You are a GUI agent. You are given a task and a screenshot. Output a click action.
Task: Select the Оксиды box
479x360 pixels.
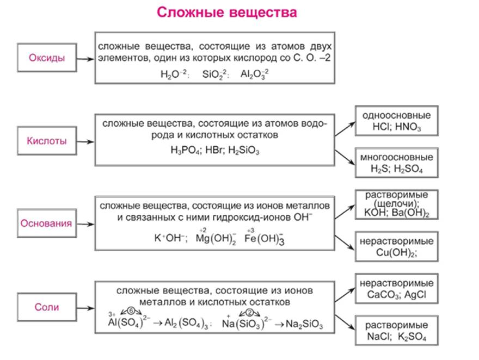[x=46, y=58]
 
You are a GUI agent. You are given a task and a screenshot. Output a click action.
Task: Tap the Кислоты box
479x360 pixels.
[x=47, y=141]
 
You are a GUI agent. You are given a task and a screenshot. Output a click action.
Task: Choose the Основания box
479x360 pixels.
[x=46, y=224]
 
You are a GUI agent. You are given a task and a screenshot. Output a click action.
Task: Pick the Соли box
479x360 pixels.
[x=47, y=307]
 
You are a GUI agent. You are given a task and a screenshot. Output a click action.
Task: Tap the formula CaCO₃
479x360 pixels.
[x=380, y=295]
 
